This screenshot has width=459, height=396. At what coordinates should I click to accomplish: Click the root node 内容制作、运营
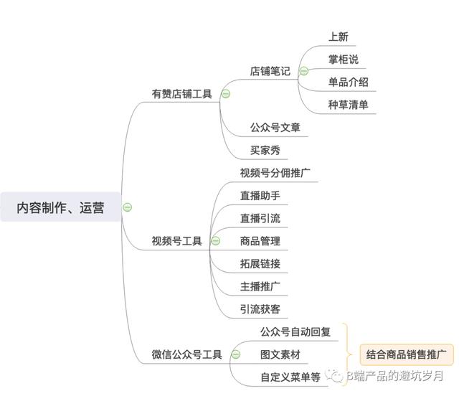coord(60,207)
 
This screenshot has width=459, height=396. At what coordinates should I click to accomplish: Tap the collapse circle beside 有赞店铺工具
coord(226,94)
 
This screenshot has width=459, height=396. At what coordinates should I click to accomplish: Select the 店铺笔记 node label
coord(270,71)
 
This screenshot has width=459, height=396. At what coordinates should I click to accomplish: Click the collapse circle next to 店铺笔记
coord(304,71)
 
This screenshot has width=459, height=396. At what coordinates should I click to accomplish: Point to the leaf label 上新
coord(339,37)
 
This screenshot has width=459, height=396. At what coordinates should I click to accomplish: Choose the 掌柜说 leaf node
coord(344,59)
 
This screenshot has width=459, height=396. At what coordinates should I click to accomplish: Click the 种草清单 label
coord(349,105)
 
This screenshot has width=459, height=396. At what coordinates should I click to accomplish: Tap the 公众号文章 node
coord(275,128)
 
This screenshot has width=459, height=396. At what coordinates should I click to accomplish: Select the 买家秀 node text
coord(265,150)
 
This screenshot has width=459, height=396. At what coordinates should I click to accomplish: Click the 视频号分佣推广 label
coord(275,173)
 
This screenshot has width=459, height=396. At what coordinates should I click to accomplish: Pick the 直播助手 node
coord(260,195)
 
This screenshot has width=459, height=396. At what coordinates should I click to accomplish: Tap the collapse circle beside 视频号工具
coord(216,241)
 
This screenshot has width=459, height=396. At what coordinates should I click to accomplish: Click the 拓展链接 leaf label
coord(260,263)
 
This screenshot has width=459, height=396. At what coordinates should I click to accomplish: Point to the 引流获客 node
coord(260,309)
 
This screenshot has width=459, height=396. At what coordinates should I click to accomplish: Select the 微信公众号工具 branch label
coord(186,354)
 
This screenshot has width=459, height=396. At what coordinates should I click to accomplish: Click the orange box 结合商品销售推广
coord(407,354)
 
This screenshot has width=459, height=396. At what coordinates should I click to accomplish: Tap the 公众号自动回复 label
coord(295,331)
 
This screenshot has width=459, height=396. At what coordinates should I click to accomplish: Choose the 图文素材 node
coord(280,354)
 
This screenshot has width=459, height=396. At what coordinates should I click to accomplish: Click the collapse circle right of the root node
coord(128,207)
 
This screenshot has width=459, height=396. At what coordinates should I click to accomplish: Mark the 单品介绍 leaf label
coord(349,82)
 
